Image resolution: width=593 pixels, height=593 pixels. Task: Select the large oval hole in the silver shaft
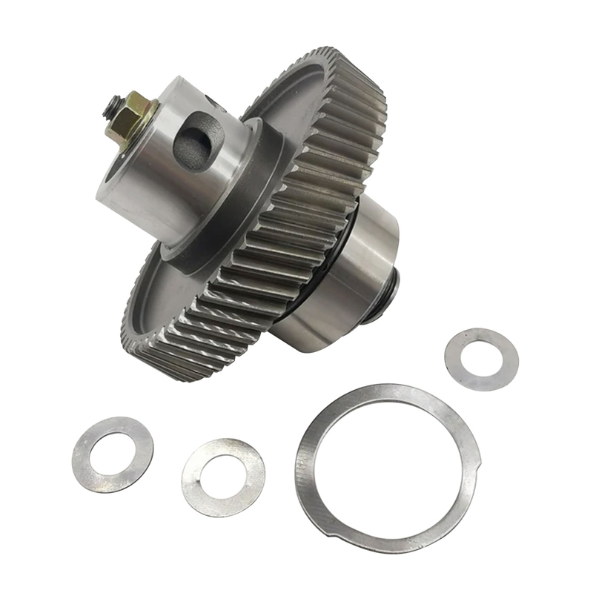(x=198, y=139)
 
